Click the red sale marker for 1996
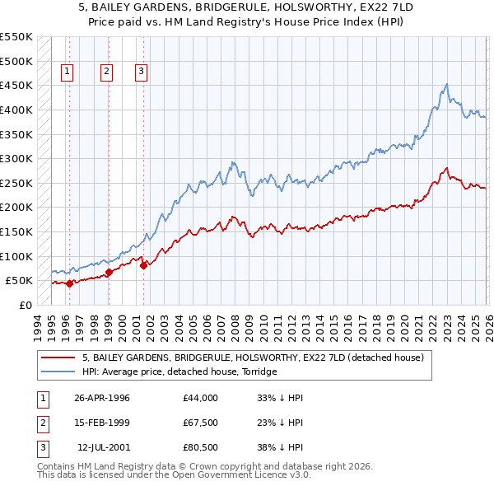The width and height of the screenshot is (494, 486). click(69, 283)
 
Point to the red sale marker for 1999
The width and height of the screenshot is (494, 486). click(109, 272)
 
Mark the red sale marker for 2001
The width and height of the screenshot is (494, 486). click(142, 265)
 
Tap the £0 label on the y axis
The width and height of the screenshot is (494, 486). click(24, 305)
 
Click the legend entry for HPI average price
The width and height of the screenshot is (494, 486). click(179, 372)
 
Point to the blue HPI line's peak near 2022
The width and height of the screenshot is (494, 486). click(446, 84)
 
